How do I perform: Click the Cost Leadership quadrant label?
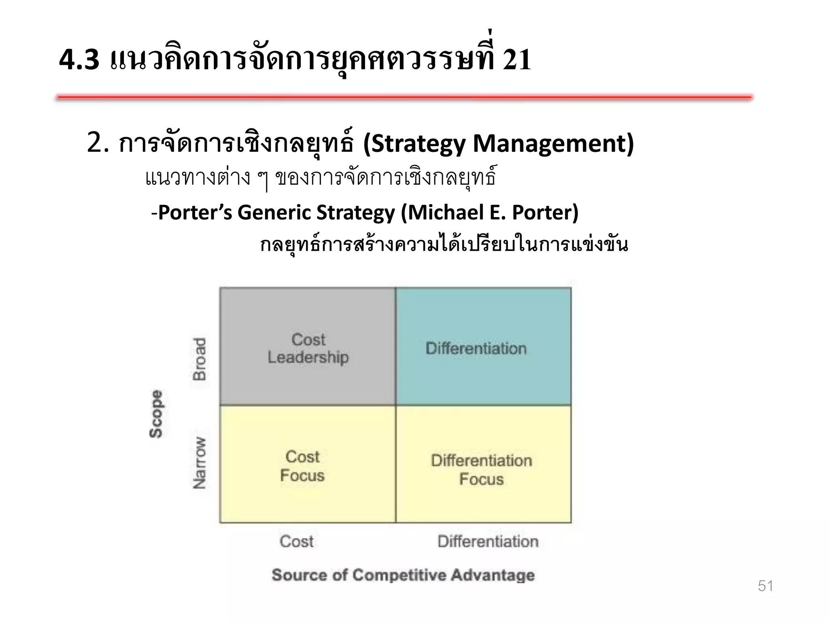point(308,348)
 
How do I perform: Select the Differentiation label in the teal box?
point(476,349)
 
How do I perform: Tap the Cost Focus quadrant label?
point(302,466)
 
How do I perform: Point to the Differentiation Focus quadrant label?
point(481,470)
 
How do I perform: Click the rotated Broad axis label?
point(200,359)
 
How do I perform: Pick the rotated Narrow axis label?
point(200,463)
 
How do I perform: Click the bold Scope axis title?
point(156,414)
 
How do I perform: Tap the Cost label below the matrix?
point(296,541)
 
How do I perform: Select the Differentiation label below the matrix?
point(488,541)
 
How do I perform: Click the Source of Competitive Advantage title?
point(403,575)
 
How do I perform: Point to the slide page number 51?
point(765,586)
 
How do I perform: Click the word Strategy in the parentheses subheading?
point(419,144)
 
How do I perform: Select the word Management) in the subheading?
point(553,144)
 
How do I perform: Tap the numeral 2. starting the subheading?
point(98,143)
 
